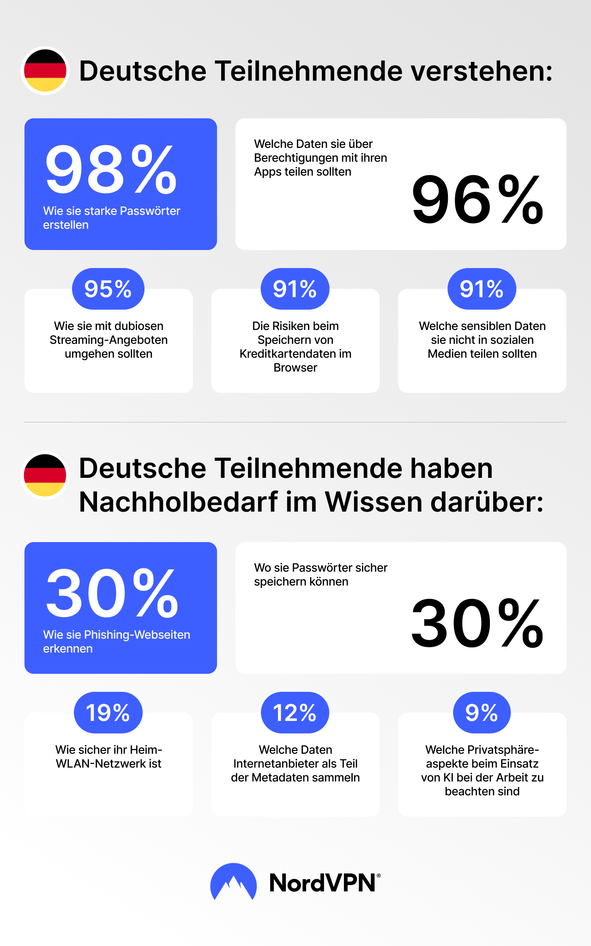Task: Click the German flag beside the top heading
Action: click(45, 71)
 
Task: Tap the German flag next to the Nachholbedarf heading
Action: click(45, 476)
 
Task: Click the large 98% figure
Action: click(111, 170)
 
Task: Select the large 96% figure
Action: click(477, 200)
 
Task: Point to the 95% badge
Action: click(108, 289)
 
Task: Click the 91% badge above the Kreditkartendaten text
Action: click(295, 289)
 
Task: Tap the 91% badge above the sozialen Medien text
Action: click(482, 289)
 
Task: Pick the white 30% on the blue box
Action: click(112, 593)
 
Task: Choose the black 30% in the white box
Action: click(477, 623)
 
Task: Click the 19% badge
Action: click(108, 713)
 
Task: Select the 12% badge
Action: click(295, 713)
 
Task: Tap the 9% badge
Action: click(482, 713)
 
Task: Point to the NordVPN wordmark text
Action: click(323, 883)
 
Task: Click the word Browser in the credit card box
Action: click(295, 368)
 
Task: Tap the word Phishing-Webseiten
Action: click(137, 635)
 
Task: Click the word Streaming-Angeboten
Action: click(109, 340)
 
